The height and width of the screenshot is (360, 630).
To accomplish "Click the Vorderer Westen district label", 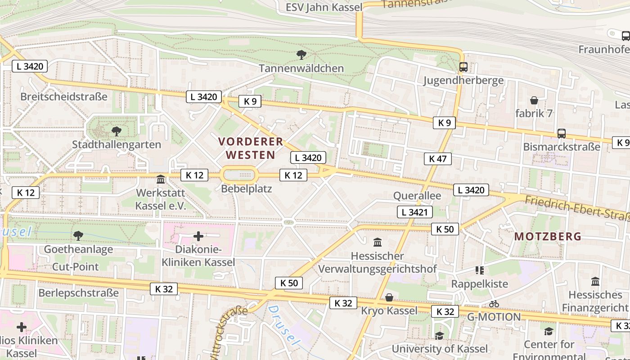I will tap(251, 148).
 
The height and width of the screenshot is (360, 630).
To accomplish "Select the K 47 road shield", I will tap(437, 158).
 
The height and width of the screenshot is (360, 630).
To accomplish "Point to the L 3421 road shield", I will tap(414, 212).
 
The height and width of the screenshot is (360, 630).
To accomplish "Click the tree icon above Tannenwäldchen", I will tap(301, 55).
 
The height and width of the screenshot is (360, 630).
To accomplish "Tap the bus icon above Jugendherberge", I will tap(463, 67).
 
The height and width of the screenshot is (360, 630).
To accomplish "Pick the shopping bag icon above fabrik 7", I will tap(534, 100).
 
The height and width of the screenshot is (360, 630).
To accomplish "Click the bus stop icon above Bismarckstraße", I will tap(561, 133).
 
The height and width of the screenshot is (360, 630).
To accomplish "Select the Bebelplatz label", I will tap(246, 189).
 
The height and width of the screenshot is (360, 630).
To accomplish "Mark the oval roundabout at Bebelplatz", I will tap(238, 175).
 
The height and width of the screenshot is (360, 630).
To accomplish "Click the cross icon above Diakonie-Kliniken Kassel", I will tap(198, 236).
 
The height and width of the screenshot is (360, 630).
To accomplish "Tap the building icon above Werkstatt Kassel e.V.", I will tap(161, 180).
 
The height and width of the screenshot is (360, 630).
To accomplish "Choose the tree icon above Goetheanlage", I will tap(78, 235).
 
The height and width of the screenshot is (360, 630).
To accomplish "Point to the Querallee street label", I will tap(417, 196).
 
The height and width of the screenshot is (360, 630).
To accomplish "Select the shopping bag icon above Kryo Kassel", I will tap(389, 297).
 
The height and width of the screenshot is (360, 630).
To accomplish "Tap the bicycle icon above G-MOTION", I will tap(494, 304).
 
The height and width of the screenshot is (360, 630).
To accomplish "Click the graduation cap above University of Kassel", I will tap(439, 336).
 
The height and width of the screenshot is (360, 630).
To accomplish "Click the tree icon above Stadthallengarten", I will tap(117, 131).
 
